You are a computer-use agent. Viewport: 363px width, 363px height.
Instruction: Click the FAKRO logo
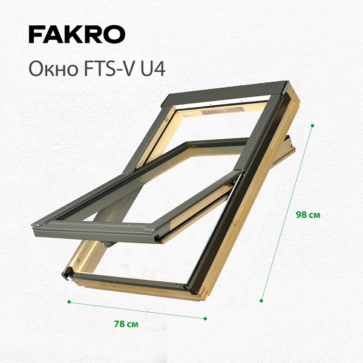coord(77,34)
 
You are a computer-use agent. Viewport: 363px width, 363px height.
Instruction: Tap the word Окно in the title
coord(53,69)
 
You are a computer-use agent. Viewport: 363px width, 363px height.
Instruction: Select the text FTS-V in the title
coord(108,69)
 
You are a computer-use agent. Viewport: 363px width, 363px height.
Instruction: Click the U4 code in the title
coord(153,69)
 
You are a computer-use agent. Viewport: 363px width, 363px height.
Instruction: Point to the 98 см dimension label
coord(308,215)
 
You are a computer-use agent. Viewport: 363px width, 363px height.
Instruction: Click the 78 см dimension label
coord(126,324)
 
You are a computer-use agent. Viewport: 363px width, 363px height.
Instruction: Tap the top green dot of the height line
coord(312,125)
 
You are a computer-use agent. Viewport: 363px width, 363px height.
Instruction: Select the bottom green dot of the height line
coord(261,301)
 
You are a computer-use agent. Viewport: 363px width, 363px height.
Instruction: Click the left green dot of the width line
coord(69,302)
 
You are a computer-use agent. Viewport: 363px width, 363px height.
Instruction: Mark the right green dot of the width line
coord(205,319)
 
